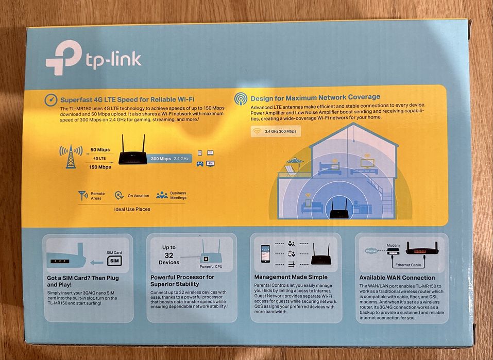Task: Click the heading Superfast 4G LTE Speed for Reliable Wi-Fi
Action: click(127, 99)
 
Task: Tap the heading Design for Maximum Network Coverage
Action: click(315, 97)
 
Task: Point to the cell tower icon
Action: click(70, 157)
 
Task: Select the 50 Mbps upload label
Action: click(100, 149)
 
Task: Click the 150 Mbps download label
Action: click(100, 167)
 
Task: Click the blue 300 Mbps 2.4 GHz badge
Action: click(171, 159)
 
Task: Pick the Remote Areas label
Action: click(97, 196)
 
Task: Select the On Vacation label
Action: click(138, 196)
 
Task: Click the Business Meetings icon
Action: click(162, 195)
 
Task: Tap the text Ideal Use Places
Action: click(132, 210)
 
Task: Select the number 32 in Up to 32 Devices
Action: click(169, 255)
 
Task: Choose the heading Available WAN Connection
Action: click(397, 278)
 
